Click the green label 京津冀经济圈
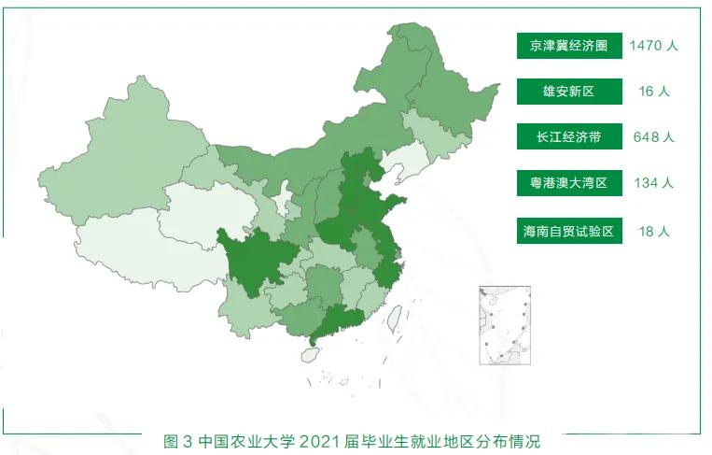[x=568, y=46]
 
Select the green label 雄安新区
[x=568, y=92]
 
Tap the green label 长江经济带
[x=568, y=137]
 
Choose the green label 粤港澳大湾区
[x=568, y=183]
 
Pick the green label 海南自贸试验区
[x=568, y=230]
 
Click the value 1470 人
[x=653, y=46]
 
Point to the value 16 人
[x=653, y=92]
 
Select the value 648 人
[x=653, y=137]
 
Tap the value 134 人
[x=653, y=183]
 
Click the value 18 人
[x=653, y=230]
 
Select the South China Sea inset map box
[x=504, y=325]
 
